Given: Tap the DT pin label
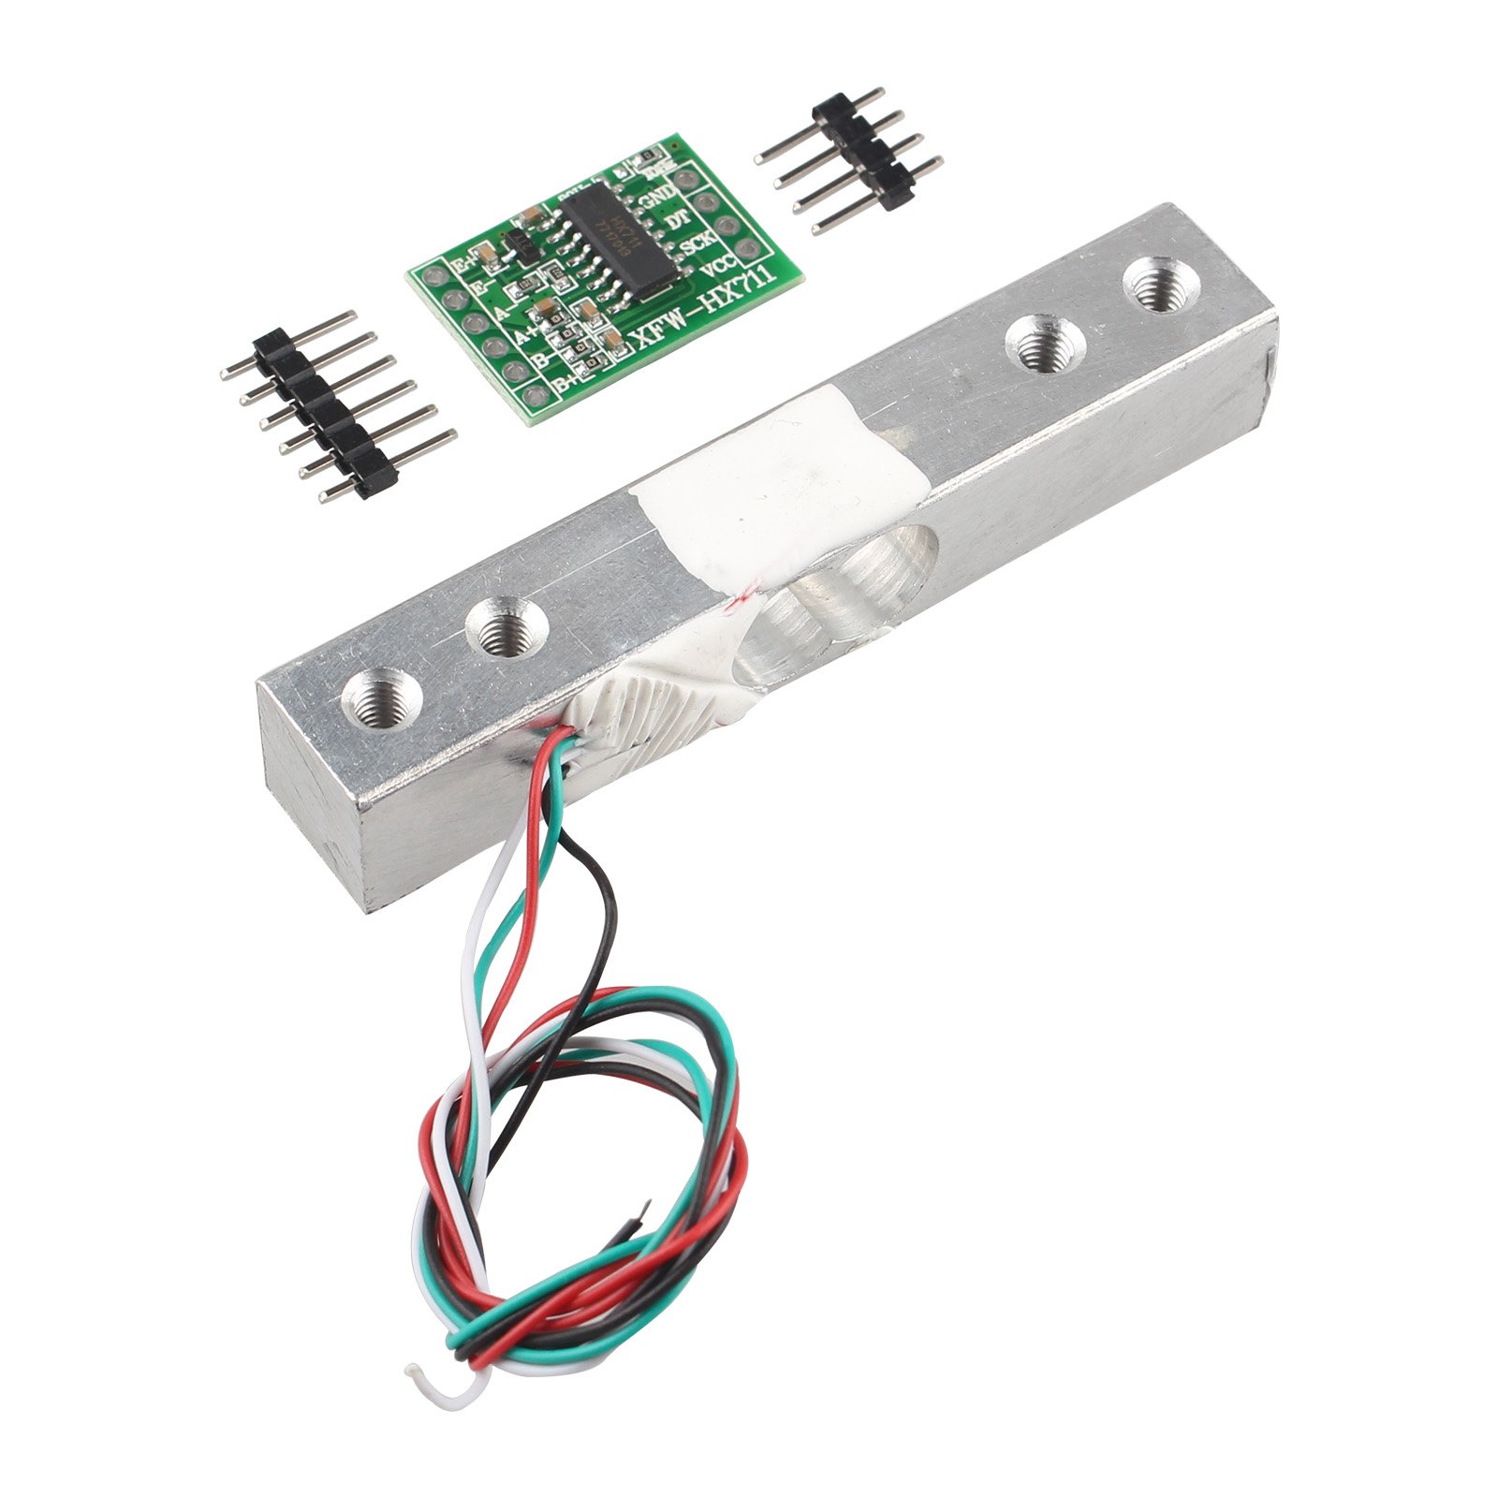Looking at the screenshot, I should coord(677,221).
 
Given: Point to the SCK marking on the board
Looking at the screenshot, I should coord(698,245).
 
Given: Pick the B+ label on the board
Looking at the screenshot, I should coord(564,383).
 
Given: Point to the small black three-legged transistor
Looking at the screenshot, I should coord(518,246).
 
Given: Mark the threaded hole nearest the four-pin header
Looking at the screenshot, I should coord(1158,285).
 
